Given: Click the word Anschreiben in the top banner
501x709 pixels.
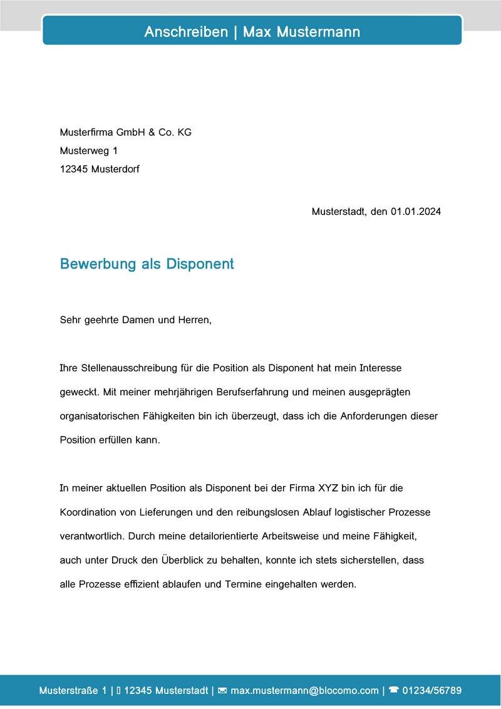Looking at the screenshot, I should coord(186,32).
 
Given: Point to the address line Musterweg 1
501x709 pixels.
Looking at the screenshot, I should coord(88,151).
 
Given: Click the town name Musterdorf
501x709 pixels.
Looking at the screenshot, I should coord(115,169).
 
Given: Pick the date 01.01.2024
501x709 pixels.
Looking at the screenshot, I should coord(416,212).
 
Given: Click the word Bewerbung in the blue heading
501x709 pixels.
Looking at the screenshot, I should coord(98,264).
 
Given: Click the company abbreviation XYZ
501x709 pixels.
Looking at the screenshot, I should coord(329,488).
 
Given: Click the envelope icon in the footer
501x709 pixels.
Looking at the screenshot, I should coord(222,691).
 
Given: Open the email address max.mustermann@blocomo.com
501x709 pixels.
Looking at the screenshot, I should coord(305,691).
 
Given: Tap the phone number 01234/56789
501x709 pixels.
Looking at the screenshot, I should coord(432,691).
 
